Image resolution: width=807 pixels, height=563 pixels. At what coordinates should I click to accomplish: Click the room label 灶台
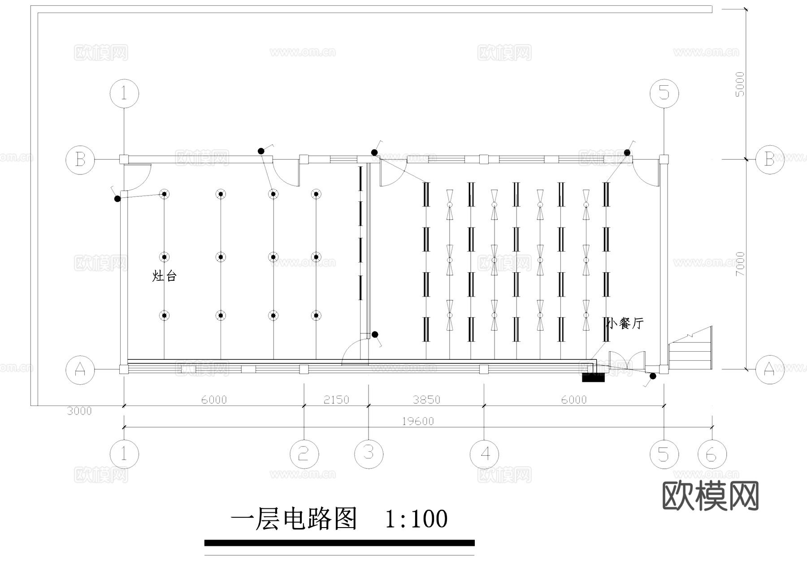(165, 276)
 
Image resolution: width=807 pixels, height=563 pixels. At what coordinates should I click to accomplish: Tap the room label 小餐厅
(625, 323)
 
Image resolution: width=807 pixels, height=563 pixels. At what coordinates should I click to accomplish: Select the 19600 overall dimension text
(417, 421)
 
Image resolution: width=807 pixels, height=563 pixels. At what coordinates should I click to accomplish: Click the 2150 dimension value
(336, 400)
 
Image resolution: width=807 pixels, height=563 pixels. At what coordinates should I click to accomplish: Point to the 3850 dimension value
(426, 400)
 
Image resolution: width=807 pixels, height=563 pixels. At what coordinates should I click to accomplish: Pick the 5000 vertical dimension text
(740, 84)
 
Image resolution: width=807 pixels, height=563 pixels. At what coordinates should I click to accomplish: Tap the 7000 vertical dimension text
(740, 264)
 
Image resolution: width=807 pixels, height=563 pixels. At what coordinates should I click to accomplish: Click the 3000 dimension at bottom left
(79, 411)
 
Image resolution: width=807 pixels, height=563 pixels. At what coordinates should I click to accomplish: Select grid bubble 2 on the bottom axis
(304, 454)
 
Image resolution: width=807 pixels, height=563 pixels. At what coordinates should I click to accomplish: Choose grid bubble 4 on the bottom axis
(484, 454)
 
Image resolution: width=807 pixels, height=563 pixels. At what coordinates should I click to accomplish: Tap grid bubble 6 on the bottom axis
(712, 454)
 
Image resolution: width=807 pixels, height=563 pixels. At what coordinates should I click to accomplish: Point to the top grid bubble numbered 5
(664, 93)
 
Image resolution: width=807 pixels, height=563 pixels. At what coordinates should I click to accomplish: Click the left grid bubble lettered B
(80, 159)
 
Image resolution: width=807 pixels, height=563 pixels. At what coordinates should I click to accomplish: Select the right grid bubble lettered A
(769, 369)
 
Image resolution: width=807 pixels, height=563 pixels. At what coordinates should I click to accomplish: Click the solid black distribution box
(593, 377)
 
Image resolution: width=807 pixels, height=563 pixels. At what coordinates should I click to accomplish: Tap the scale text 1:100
(416, 519)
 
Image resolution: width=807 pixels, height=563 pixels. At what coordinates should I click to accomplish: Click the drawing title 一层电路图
(294, 519)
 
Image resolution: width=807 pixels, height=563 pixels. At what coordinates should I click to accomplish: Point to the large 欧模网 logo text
(711, 496)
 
